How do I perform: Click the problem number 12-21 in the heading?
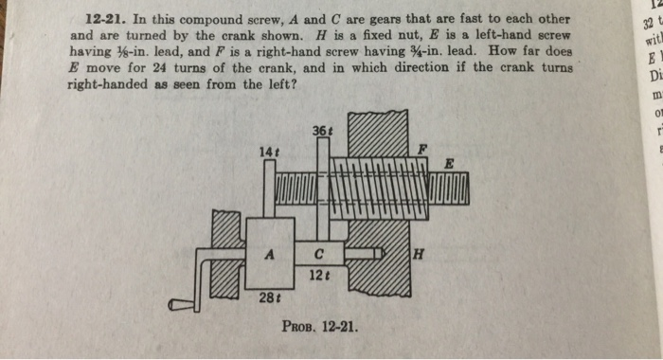105,20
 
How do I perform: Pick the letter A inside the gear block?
270,254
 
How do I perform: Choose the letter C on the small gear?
319,253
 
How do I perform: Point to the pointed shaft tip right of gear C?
379,253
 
